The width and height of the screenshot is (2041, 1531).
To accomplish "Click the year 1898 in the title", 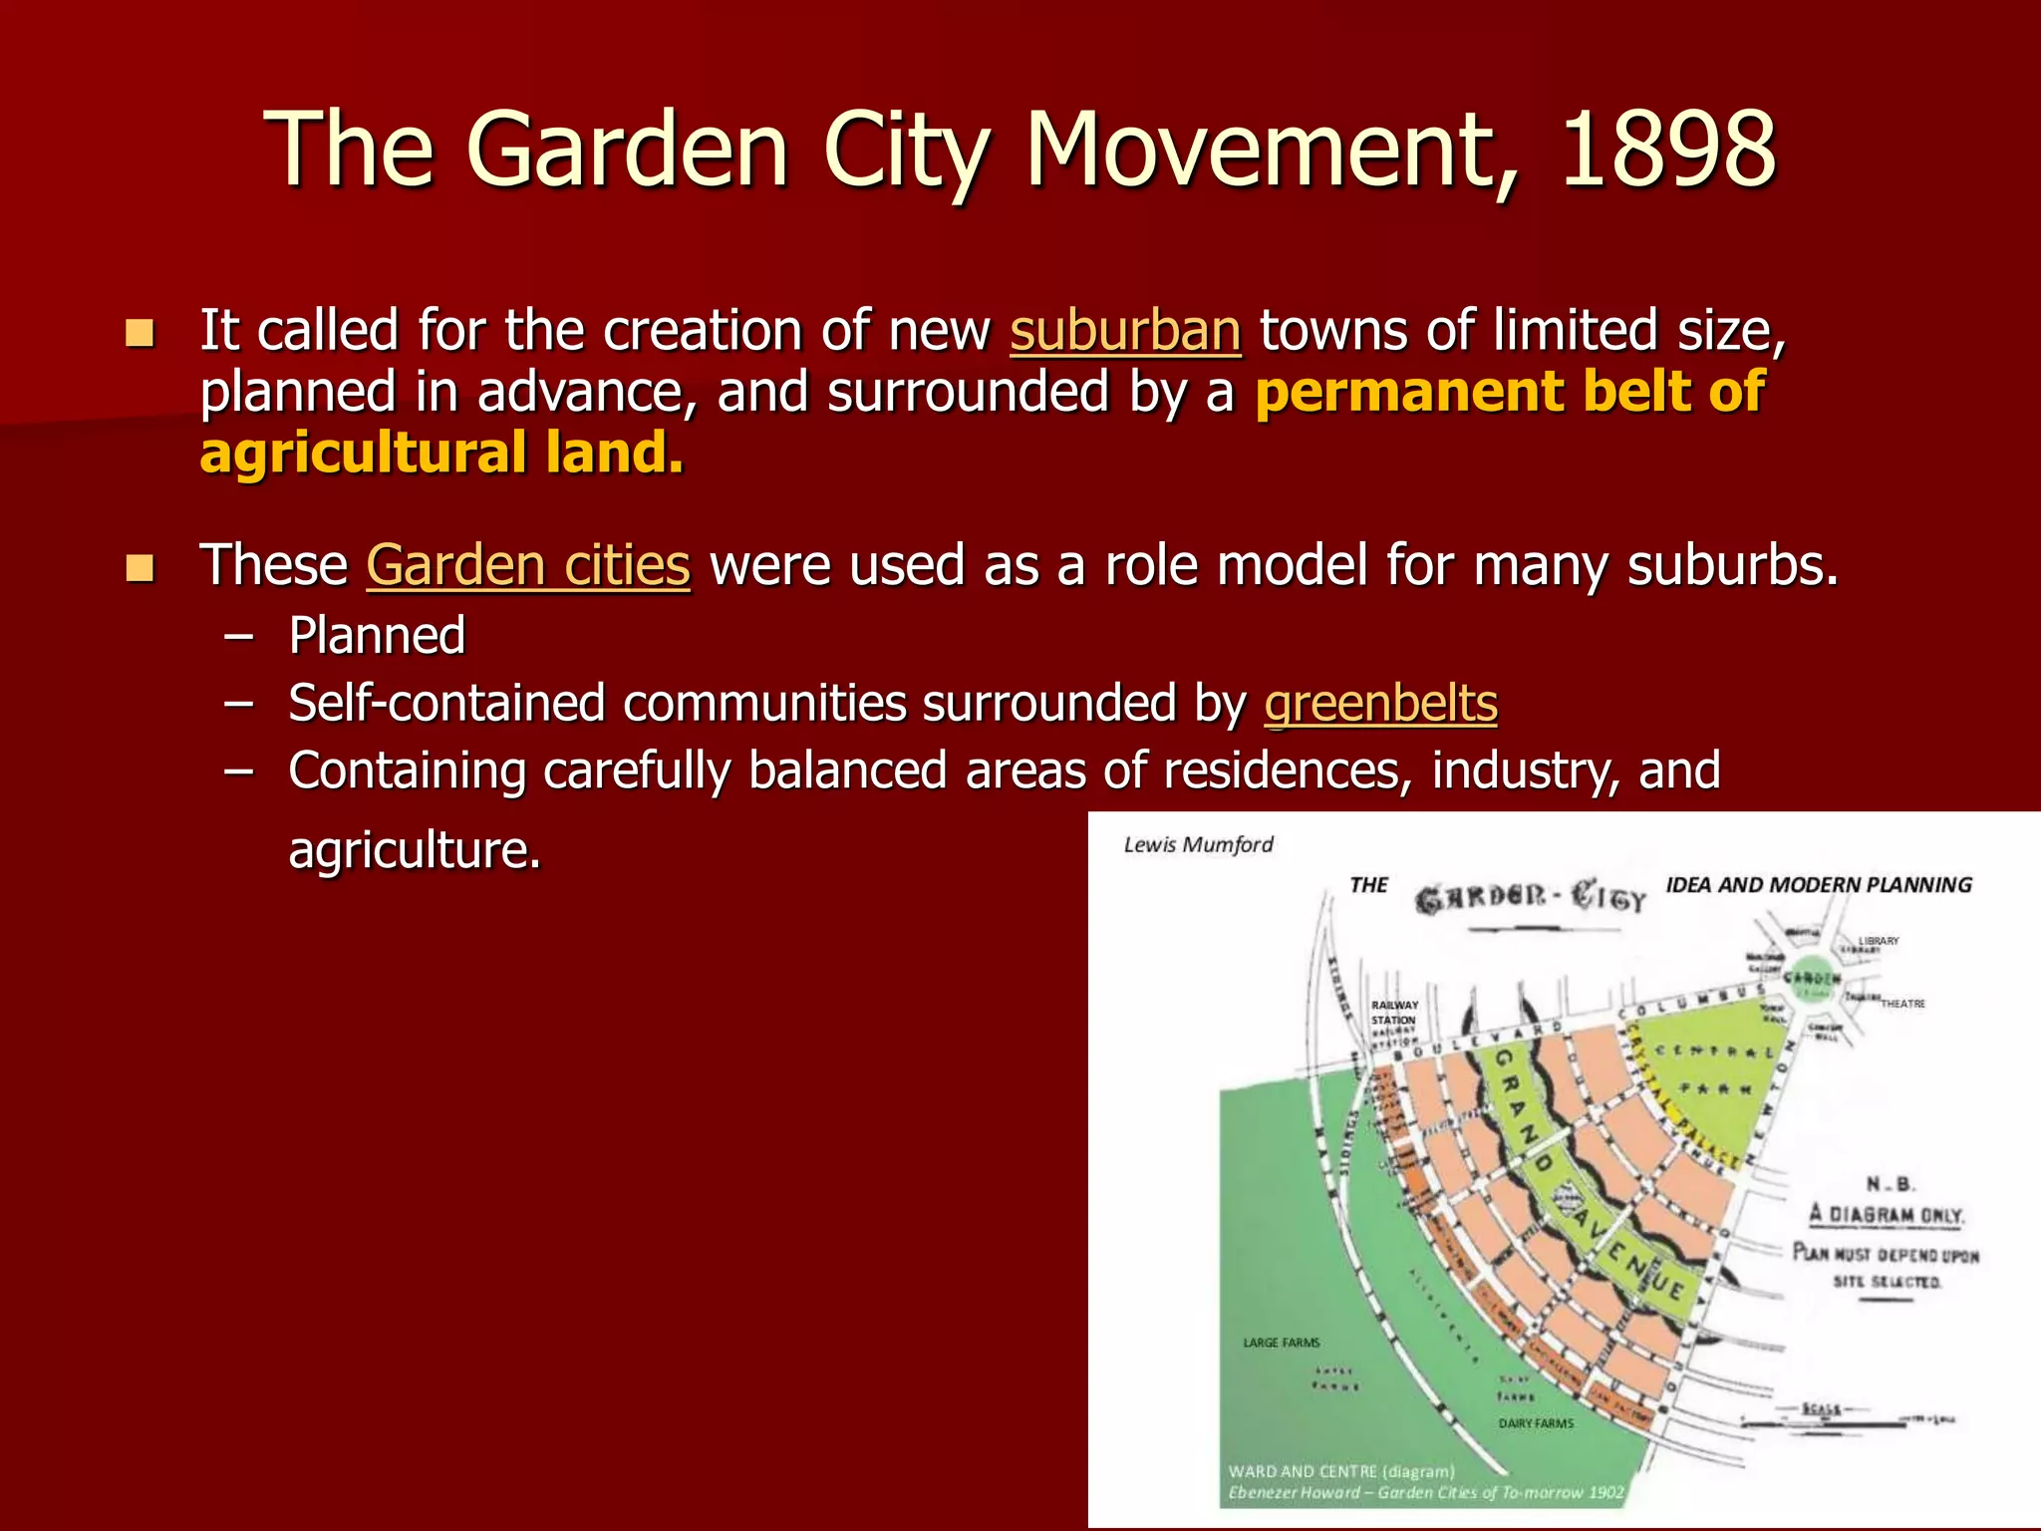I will click(1667, 150).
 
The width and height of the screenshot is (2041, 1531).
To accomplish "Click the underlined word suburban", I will click(1125, 331).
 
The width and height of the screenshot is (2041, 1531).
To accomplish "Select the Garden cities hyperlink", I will click(528, 566).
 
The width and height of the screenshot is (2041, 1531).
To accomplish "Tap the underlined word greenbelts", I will click(1380, 704).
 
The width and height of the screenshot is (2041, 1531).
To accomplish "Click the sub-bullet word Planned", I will click(377, 636).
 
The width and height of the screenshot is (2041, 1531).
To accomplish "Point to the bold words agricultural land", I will click(441, 454).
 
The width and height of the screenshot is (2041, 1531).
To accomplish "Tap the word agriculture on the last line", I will click(415, 851).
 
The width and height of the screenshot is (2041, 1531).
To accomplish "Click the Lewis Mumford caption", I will click(1198, 845).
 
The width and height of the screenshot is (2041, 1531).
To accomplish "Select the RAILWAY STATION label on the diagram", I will click(1393, 1013).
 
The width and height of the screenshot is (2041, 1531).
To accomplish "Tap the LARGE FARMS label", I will click(1281, 1343).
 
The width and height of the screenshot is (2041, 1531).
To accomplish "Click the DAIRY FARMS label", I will click(1536, 1423).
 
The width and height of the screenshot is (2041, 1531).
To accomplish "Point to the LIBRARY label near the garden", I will click(1879, 941).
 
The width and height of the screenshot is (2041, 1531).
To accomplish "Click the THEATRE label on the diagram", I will click(1902, 1004).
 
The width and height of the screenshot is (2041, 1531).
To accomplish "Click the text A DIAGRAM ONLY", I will click(1887, 1215).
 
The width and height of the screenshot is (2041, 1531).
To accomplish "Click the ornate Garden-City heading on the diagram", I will click(1530, 898).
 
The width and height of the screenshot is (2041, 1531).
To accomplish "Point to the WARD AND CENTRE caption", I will click(1340, 1471).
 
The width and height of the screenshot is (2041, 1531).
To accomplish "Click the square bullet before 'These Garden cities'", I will click(141, 568).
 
